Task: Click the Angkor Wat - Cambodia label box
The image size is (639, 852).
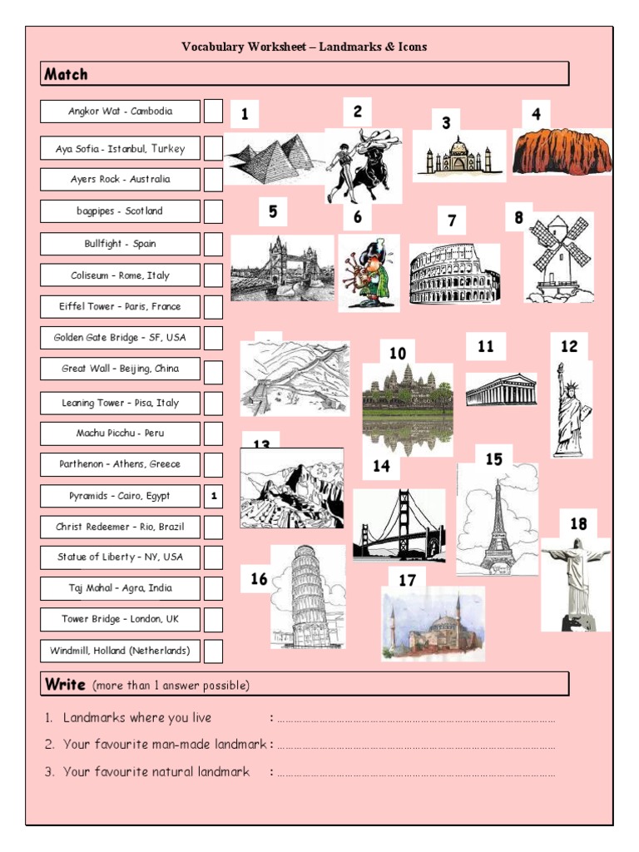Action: coord(120,111)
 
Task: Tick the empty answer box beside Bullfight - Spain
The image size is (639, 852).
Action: coord(213,244)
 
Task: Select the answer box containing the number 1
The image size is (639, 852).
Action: coord(213,496)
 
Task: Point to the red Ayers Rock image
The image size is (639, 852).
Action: coord(562,151)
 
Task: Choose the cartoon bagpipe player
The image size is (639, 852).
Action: coord(369,273)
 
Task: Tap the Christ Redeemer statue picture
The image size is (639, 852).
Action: coord(576,582)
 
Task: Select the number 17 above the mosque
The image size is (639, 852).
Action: coord(407,580)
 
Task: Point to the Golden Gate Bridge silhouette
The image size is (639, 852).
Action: coord(399,526)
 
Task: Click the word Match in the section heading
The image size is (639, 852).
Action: coord(66,74)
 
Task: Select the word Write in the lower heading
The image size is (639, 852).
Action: coord(65,684)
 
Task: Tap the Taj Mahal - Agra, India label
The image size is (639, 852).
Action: coord(120,588)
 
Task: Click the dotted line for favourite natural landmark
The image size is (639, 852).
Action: coord(416,773)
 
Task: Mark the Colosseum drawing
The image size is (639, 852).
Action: coord(454,275)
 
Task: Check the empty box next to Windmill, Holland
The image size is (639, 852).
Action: coord(213,651)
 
